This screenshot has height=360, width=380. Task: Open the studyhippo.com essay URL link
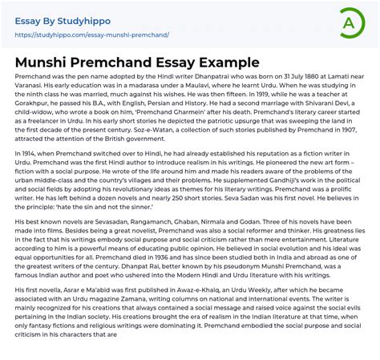coord(92,35)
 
